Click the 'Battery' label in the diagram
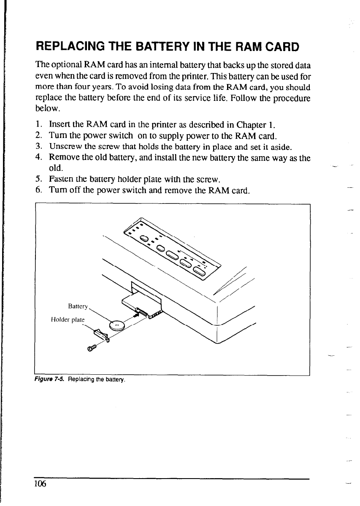pyautogui.click(x=77, y=305)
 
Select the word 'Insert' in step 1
pyautogui.click(x=60, y=125)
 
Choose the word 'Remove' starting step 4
pyautogui.click(x=63, y=157)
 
